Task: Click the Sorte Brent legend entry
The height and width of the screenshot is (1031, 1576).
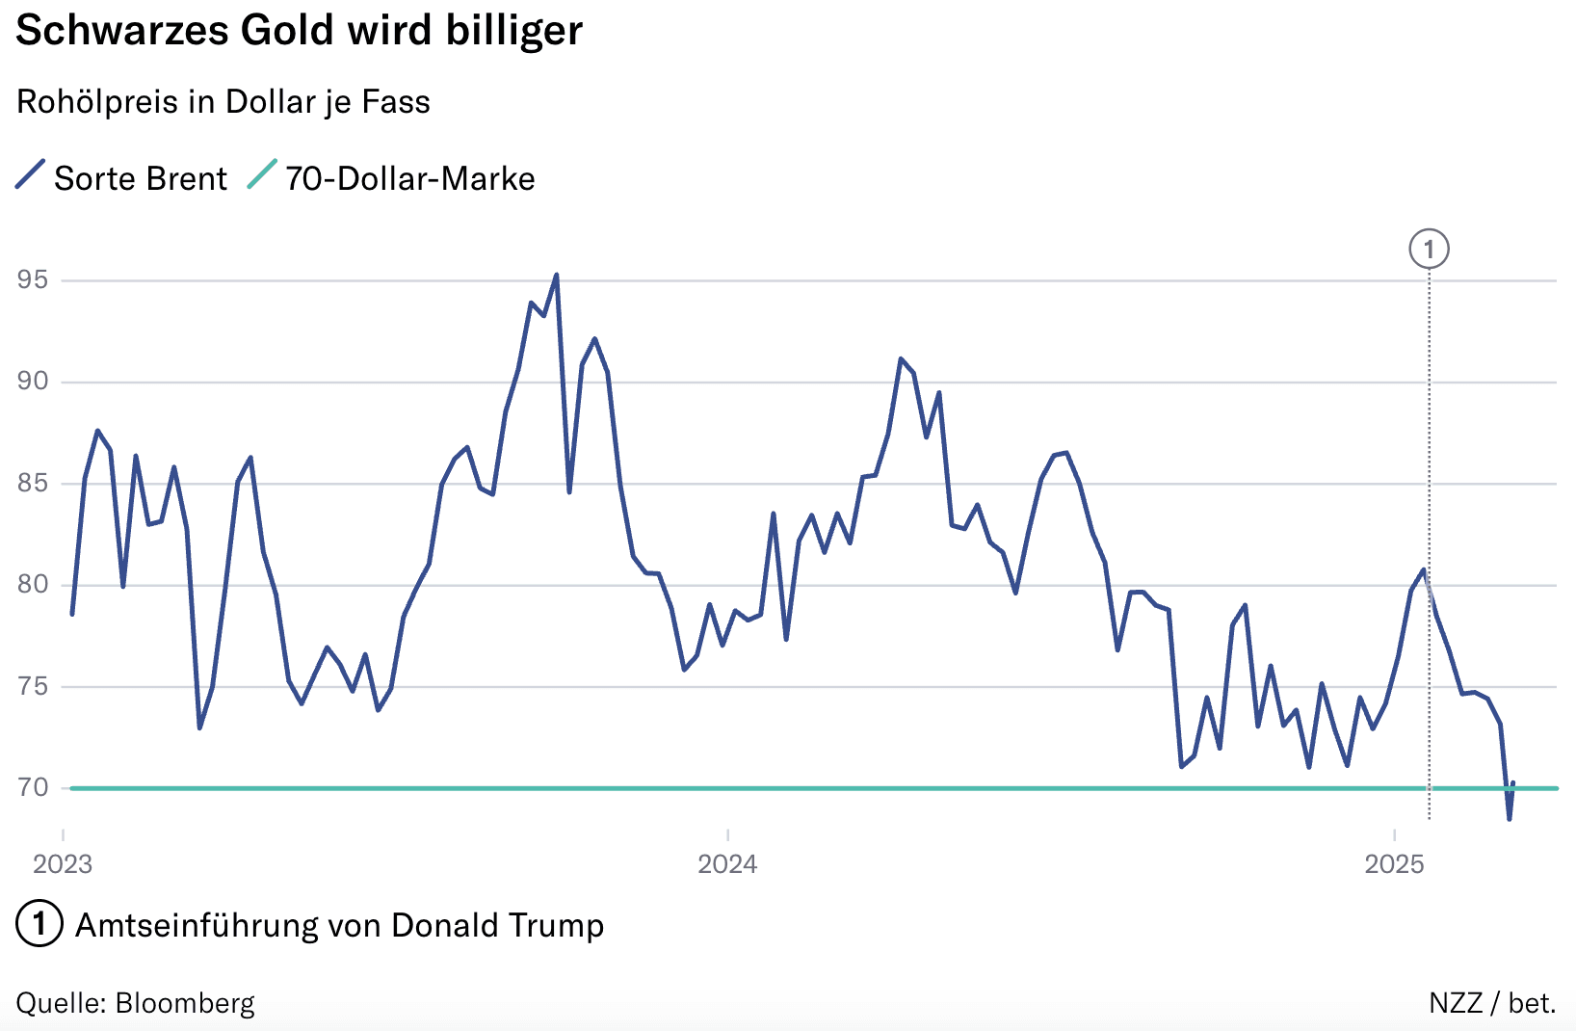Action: pos(140,179)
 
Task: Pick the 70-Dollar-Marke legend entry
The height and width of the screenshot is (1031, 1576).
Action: pos(409,179)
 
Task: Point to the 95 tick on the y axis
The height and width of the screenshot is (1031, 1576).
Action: pos(33,280)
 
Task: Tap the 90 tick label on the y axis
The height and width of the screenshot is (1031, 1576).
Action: pos(33,382)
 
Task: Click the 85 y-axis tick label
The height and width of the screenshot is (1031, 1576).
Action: pos(33,483)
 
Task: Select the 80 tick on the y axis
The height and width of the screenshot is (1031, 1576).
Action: pos(33,585)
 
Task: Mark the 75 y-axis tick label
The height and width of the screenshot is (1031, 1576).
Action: pos(33,686)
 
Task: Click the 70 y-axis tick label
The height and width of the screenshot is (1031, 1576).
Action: pos(33,788)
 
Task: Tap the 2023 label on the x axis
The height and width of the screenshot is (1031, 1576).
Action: pos(63,863)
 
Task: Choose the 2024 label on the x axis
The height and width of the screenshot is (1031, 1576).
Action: pos(727,863)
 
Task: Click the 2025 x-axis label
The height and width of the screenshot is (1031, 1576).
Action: pos(1394,863)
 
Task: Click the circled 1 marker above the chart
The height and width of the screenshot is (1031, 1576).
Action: pos(1429,250)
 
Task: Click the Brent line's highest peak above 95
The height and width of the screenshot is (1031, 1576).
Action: pos(556,276)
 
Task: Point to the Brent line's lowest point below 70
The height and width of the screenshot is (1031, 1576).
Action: pos(1509,818)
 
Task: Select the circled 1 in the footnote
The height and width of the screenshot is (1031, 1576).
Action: pos(39,925)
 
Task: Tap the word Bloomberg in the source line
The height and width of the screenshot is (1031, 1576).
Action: pos(185,1004)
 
